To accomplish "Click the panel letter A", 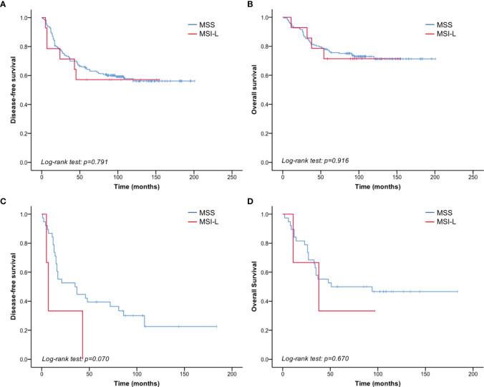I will pyautogui.click(x=5, y=6).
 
